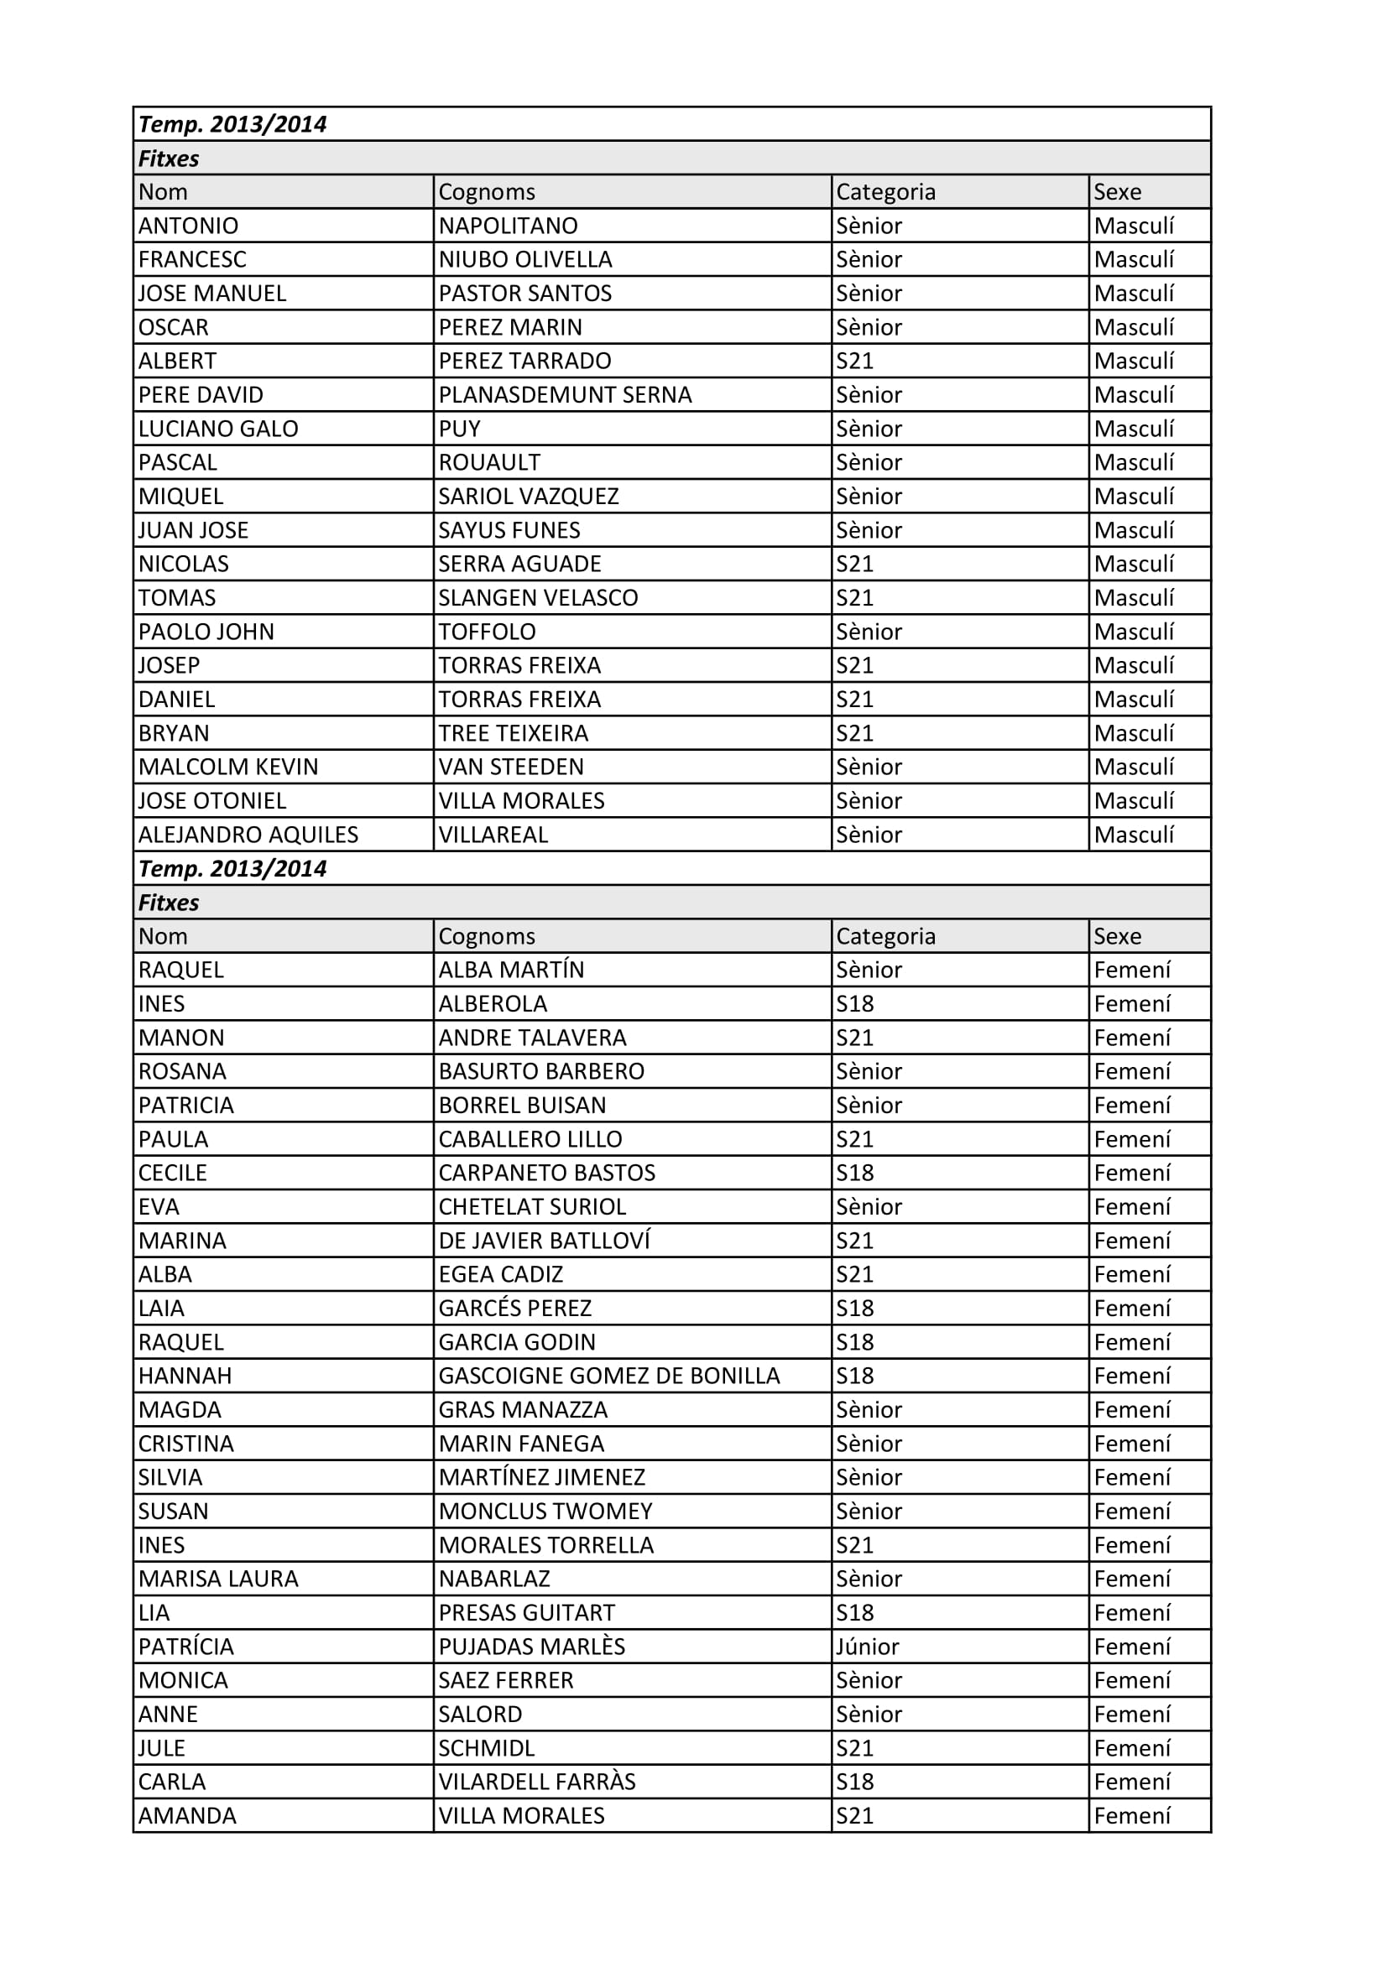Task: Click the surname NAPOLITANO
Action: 508,226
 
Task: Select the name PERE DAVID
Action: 201,395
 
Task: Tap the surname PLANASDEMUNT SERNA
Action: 565,395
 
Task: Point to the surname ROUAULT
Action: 489,462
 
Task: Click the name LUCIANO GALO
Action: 218,429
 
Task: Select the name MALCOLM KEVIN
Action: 228,768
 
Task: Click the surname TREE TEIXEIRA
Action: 513,733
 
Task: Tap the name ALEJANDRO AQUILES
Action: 248,835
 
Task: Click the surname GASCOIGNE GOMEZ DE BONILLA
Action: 608,1377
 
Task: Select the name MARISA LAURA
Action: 218,1579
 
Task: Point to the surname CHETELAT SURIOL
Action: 531,1207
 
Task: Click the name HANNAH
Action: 185,1377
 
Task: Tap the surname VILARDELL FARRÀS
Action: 537,1782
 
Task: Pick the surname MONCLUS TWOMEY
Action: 545,1512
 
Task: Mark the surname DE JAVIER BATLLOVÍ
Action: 545,1241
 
